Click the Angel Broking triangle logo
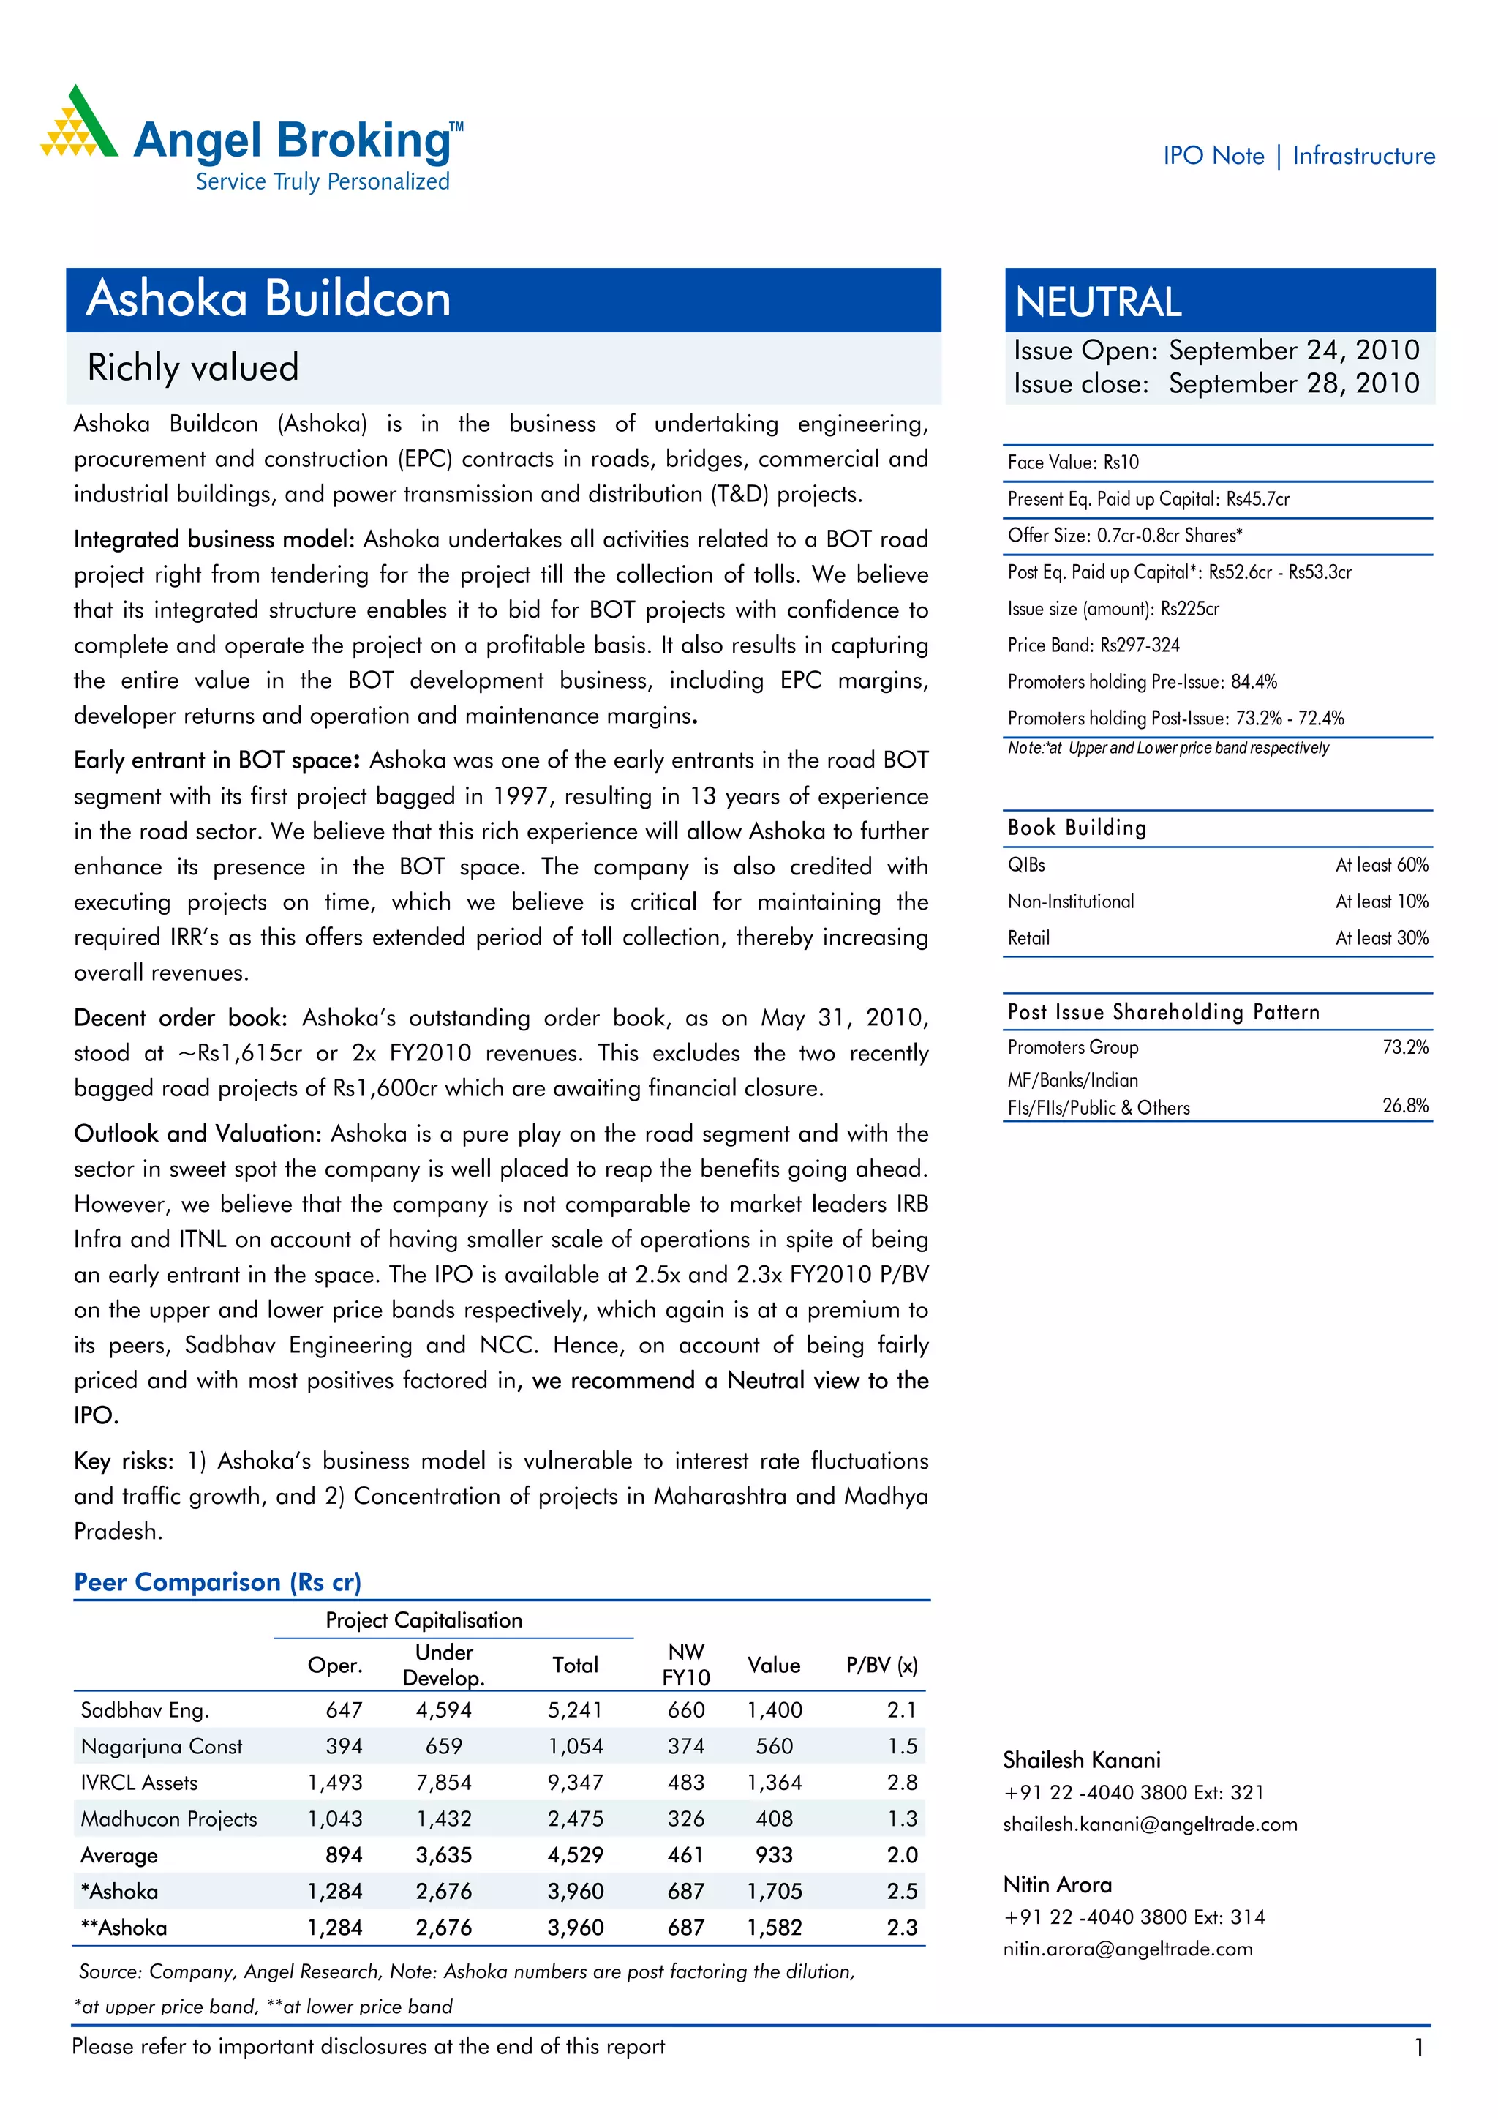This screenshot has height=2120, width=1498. [78, 123]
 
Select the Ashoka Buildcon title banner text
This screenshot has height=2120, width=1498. [268, 299]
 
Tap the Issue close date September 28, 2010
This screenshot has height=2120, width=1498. [1293, 383]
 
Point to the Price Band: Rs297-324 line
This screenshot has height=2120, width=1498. [1093, 645]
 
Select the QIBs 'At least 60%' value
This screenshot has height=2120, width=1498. [1381, 864]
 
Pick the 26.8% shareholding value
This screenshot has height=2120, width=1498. [1405, 1105]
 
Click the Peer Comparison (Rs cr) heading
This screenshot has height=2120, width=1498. [218, 1581]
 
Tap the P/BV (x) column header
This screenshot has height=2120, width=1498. [881, 1665]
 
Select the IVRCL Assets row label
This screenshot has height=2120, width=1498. [140, 1782]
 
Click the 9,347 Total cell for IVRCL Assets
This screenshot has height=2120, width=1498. [575, 1782]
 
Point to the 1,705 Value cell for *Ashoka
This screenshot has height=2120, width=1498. [773, 1891]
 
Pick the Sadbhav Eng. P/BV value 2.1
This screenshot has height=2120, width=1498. [901, 1709]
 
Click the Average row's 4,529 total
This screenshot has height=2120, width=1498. [575, 1855]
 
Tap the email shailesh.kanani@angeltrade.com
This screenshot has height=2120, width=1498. [1149, 1824]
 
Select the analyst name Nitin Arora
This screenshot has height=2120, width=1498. [1057, 1884]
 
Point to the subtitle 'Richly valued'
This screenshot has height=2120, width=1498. [193, 367]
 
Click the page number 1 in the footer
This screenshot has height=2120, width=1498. [1418, 2048]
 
